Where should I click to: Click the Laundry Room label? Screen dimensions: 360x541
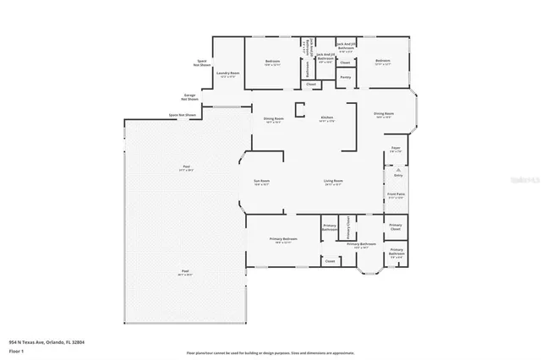(225, 74)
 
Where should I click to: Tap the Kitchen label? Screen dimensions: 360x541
(326, 117)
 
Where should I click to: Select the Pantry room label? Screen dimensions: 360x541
(345, 77)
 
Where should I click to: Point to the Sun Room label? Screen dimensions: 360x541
(262, 181)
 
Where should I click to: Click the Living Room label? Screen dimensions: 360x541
(332, 181)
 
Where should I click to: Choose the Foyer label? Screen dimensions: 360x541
(395, 149)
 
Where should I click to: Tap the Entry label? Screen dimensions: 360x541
(398, 174)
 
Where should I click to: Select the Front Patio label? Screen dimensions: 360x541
(395, 197)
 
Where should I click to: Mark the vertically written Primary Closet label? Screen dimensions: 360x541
(350, 228)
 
